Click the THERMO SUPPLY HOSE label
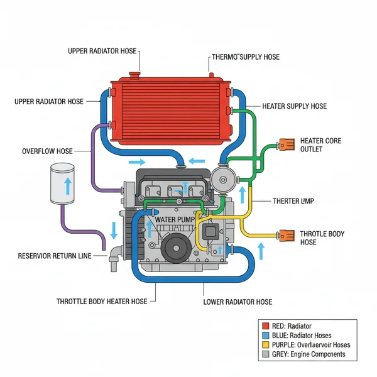(x=246, y=57)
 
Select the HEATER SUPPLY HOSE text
(x=294, y=106)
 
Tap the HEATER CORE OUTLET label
(x=320, y=145)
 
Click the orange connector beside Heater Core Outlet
(x=287, y=145)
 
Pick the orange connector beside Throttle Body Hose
(x=287, y=236)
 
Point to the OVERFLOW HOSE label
(x=47, y=151)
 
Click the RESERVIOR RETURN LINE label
(x=55, y=256)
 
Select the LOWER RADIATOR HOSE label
(x=238, y=302)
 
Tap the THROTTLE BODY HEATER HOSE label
(x=102, y=302)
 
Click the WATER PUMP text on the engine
(x=175, y=219)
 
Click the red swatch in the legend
(x=265, y=326)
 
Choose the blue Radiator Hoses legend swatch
(x=265, y=336)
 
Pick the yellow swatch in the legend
(x=265, y=345)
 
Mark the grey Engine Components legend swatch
(x=265, y=354)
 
